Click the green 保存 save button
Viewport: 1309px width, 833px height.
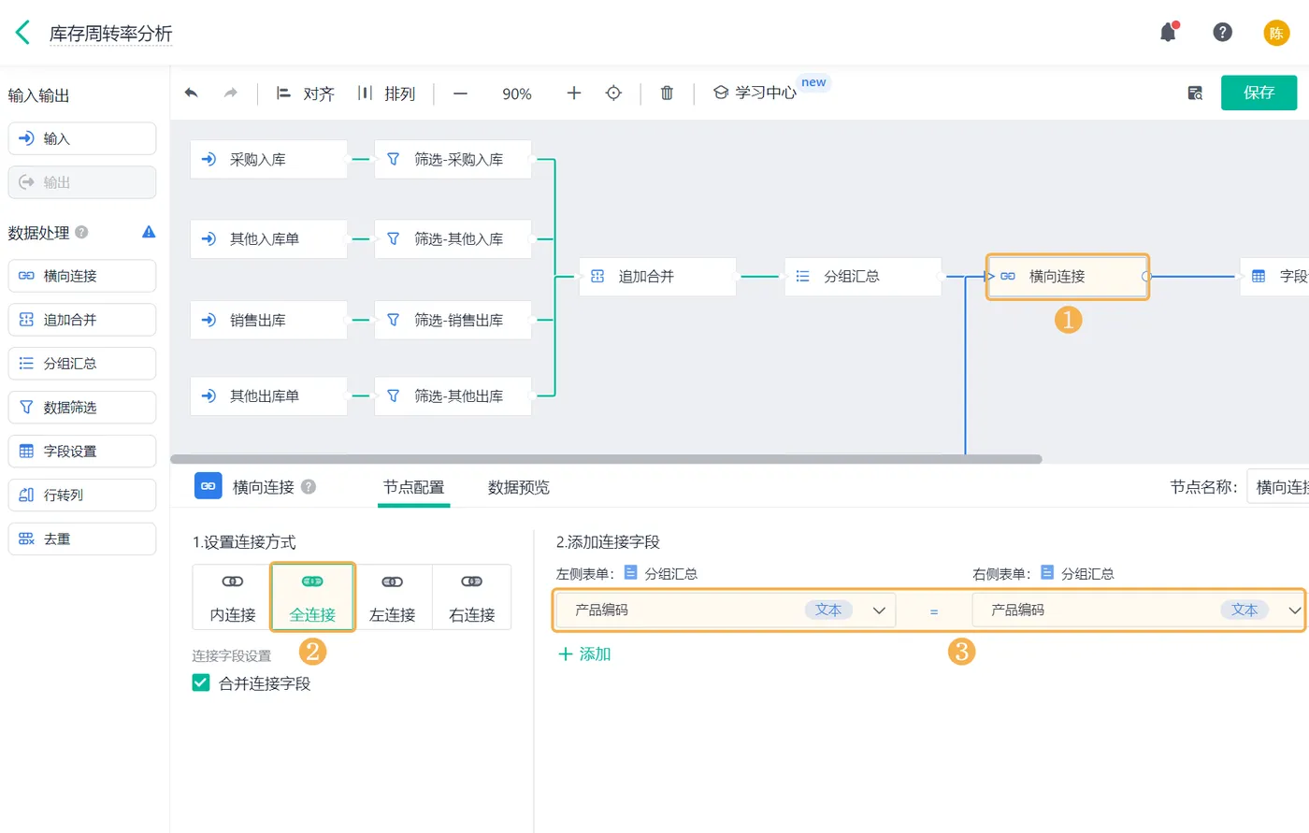[x=1259, y=93]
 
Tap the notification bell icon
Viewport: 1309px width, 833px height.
[x=1168, y=32]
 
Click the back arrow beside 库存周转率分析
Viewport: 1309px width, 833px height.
[x=22, y=33]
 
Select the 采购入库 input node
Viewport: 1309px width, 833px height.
[x=269, y=159]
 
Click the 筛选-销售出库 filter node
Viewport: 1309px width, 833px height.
[x=453, y=320]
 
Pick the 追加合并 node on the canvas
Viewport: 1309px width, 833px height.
[x=657, y=276]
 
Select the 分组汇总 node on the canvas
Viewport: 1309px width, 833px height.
[x=862, y=276]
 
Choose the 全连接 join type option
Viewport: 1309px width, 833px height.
[x=312, y=596]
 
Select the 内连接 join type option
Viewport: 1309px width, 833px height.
[x=233, y=596]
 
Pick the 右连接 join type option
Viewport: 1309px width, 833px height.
[x=471, y=596]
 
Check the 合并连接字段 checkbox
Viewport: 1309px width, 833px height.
[x=201, y=682]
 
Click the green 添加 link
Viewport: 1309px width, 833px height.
[x=584, y=653]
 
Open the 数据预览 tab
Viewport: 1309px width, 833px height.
[x=518, y=486]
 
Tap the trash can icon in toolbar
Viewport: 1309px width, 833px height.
[x=667, y=93]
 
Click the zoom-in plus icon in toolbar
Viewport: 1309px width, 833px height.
[x=574, y=93]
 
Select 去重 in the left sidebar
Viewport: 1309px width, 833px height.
[x=82, y=539]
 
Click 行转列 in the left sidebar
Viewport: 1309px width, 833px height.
[x=82, y=495]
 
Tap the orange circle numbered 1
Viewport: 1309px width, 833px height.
[x=1068, y=320]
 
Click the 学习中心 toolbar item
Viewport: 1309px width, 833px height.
[x=755, y=93]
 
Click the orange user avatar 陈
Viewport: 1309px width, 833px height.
[x=1276, y=33]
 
